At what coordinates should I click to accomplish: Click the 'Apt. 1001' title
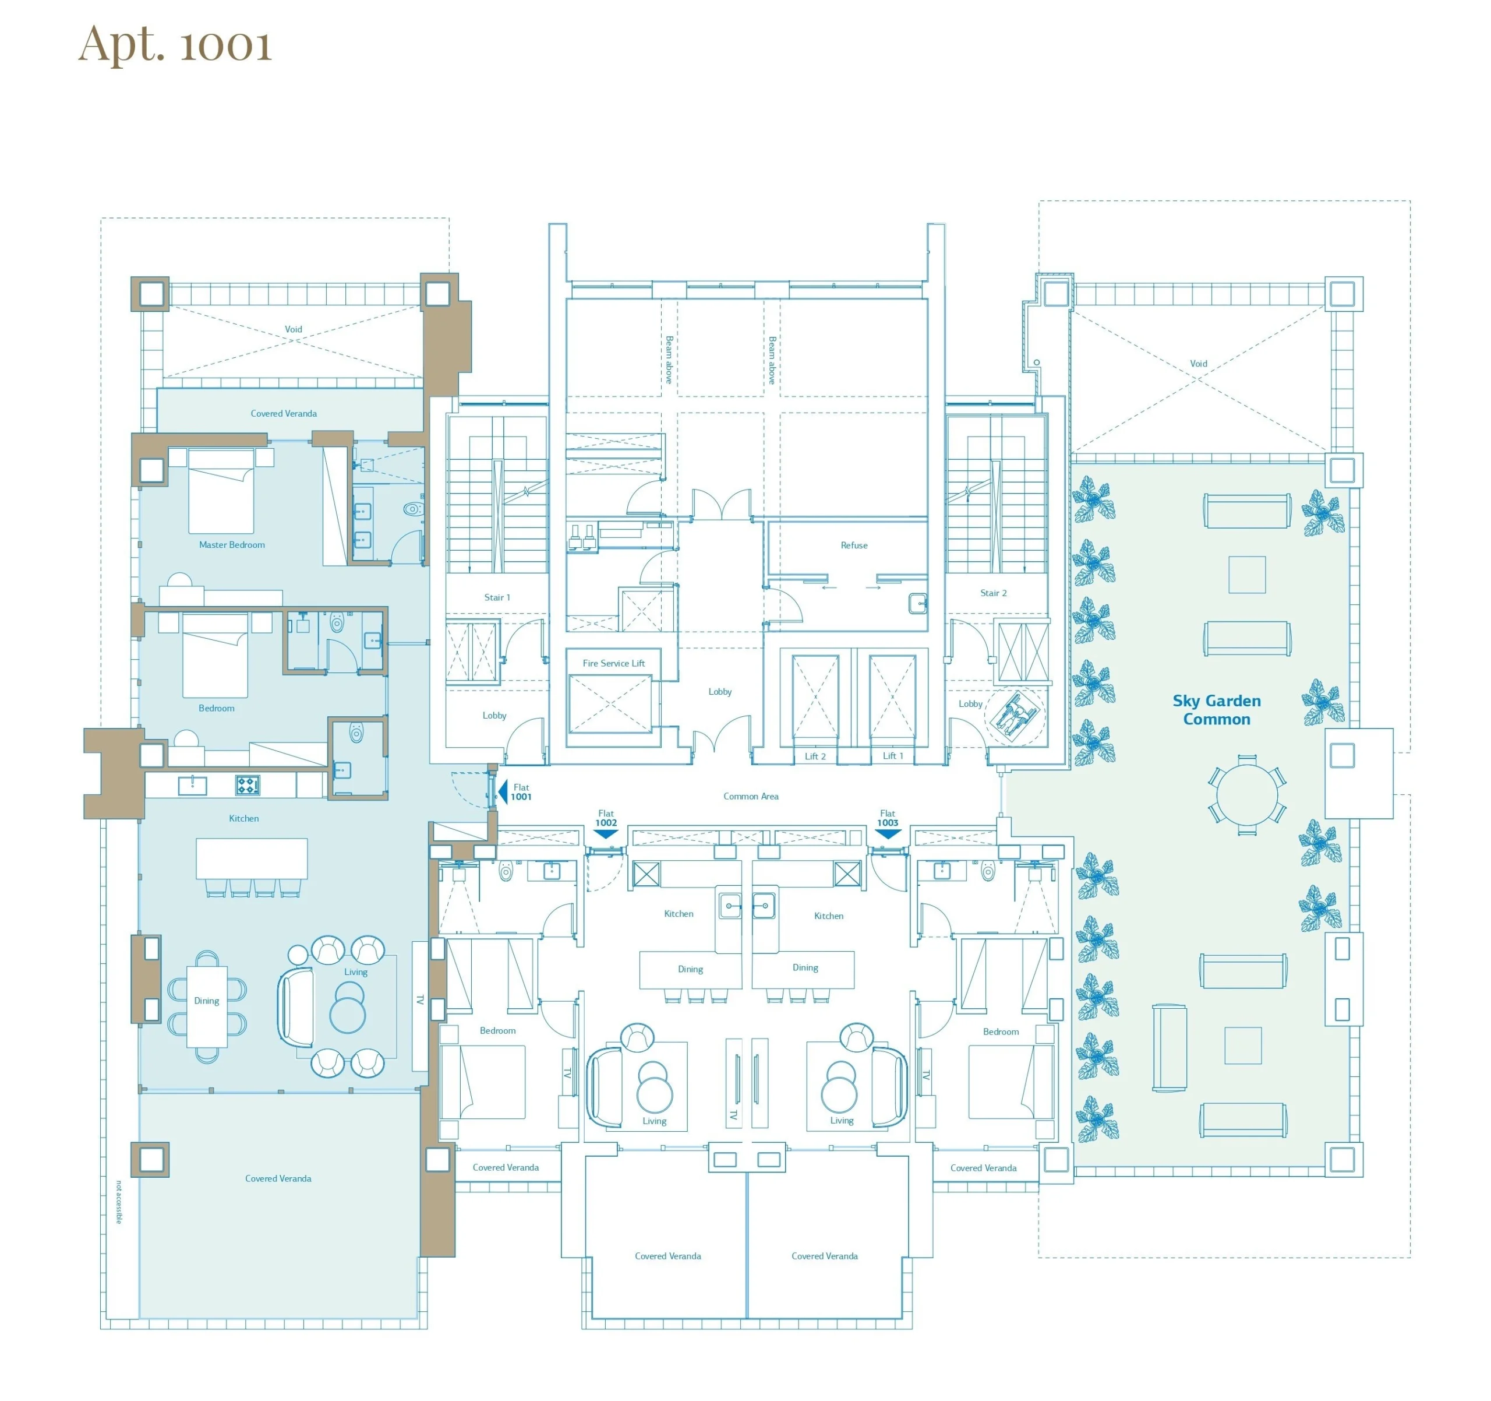pyautogui.click(x=175, y=45)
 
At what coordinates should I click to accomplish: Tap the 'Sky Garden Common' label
pyautogui.click(x=1217, y=710)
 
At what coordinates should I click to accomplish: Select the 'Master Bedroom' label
pyautogui.click(x=232, y=545)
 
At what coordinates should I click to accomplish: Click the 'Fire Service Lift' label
pyautogui.click(x=613, y=663)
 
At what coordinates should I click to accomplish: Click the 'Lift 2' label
pyautogui.click(x=815, y=756)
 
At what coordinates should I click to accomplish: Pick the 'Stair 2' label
pyautogui.click(x=994, y=593)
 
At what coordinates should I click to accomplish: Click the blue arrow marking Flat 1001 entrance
pyautogui.click(x=503, y=791)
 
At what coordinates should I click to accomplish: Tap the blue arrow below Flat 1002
pyautogui.click(x=606, y=834)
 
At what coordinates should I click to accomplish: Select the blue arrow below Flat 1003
pyautogui.click(x=888, y=834)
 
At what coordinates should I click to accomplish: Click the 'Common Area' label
pyautogui.click(x=751, y=796)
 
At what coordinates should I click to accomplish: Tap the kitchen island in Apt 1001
pyautogui.click(x=252, y=858)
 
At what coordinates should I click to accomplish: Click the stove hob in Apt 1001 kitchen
pyautogui.click(x=248, y=785)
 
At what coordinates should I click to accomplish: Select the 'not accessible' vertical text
pyautogui.click(x=118, y=1202)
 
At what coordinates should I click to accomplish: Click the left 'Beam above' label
pyautogui.click(x=669, y=360)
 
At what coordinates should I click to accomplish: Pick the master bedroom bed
pyautogui.click(x=221, y=491)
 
